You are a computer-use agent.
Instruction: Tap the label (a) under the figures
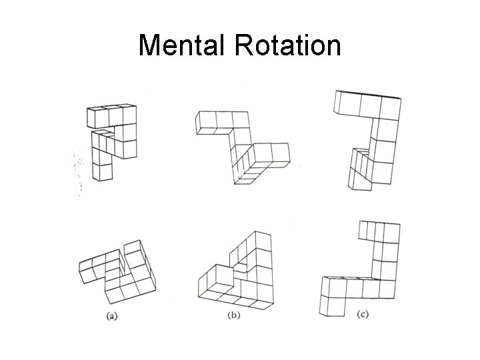pos(113,316)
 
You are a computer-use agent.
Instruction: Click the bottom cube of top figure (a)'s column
pos(101,171)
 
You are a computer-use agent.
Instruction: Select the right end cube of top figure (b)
pos(279,154)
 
